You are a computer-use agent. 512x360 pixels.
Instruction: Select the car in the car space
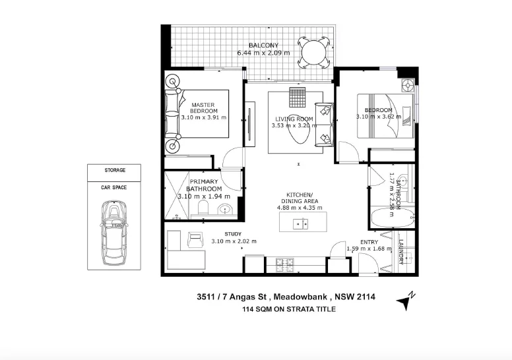coord(113,231)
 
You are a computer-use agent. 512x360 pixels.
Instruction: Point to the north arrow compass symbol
coord(404,300)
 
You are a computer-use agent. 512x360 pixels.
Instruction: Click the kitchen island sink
coord(300,224)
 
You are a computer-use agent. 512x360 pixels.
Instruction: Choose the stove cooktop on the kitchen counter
coord(286,264)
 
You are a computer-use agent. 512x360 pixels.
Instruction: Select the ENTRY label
coord(369,241)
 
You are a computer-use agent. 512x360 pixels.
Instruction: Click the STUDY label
coord(234,234)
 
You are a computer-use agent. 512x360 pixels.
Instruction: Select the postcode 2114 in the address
coord(366,297)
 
